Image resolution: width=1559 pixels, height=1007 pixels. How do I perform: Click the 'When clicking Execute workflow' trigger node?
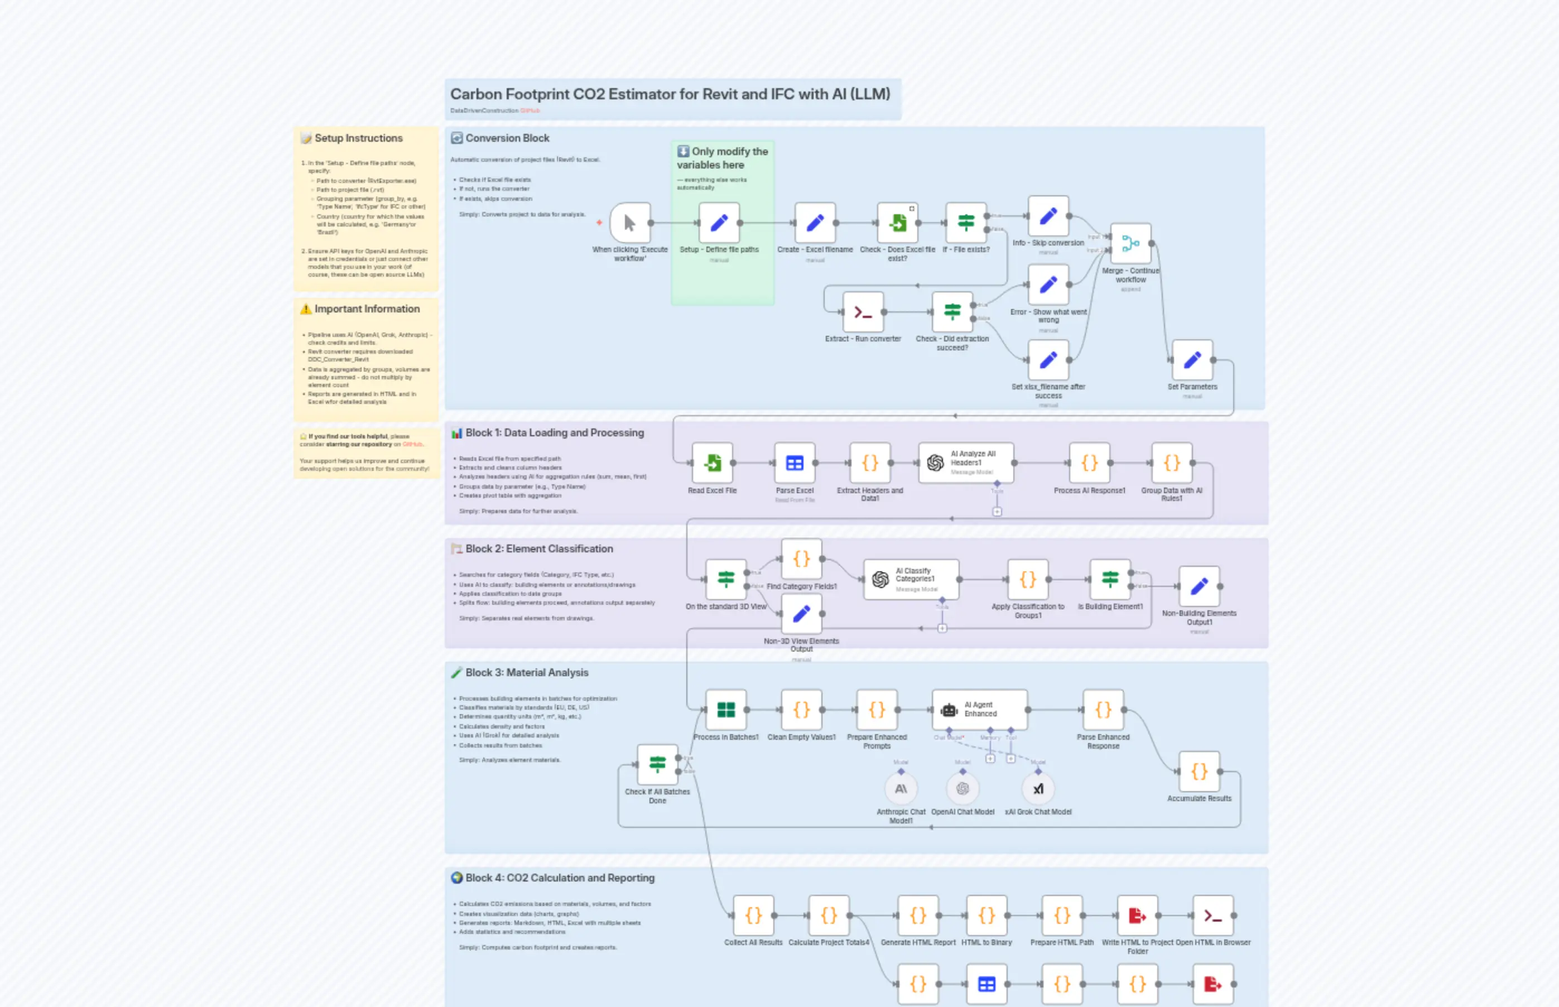click(630, 223)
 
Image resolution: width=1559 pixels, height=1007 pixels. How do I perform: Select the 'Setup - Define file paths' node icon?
click(719, 223)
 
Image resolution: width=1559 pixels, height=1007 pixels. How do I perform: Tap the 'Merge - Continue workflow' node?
click(1130, 244)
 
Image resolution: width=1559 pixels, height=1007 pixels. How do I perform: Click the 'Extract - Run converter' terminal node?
click(863, 312)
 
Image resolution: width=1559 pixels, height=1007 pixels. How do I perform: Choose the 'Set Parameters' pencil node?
click(1192, 360)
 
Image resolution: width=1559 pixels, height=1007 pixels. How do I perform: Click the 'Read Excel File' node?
click(712, 463)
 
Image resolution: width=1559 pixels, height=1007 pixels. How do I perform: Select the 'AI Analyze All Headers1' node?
click(966, 463)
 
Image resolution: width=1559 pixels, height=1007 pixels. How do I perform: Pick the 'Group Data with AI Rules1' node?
click(1172, 463)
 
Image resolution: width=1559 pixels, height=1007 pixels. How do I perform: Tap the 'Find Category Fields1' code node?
click(801, 559)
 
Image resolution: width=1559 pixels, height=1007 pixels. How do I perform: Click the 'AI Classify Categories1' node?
click(911, 579)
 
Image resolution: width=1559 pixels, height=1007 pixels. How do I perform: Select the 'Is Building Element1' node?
click(1110, 579)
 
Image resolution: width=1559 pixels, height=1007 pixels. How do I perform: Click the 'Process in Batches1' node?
click(726, 710)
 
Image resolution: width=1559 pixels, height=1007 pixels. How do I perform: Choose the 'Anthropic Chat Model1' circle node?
click(901, 789)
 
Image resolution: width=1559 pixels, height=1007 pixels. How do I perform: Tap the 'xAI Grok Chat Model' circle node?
click(1038, 789)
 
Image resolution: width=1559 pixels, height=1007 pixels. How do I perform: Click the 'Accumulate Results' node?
click(1199, 772)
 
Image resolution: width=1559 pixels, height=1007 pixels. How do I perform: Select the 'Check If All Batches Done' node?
click(657, 764)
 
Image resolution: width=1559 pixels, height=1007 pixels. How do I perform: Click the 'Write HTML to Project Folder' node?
click(1137, 916)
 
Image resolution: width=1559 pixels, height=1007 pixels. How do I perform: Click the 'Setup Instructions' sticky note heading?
click(358, 138)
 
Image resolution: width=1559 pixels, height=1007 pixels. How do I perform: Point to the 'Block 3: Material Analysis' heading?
click(526, 673)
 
